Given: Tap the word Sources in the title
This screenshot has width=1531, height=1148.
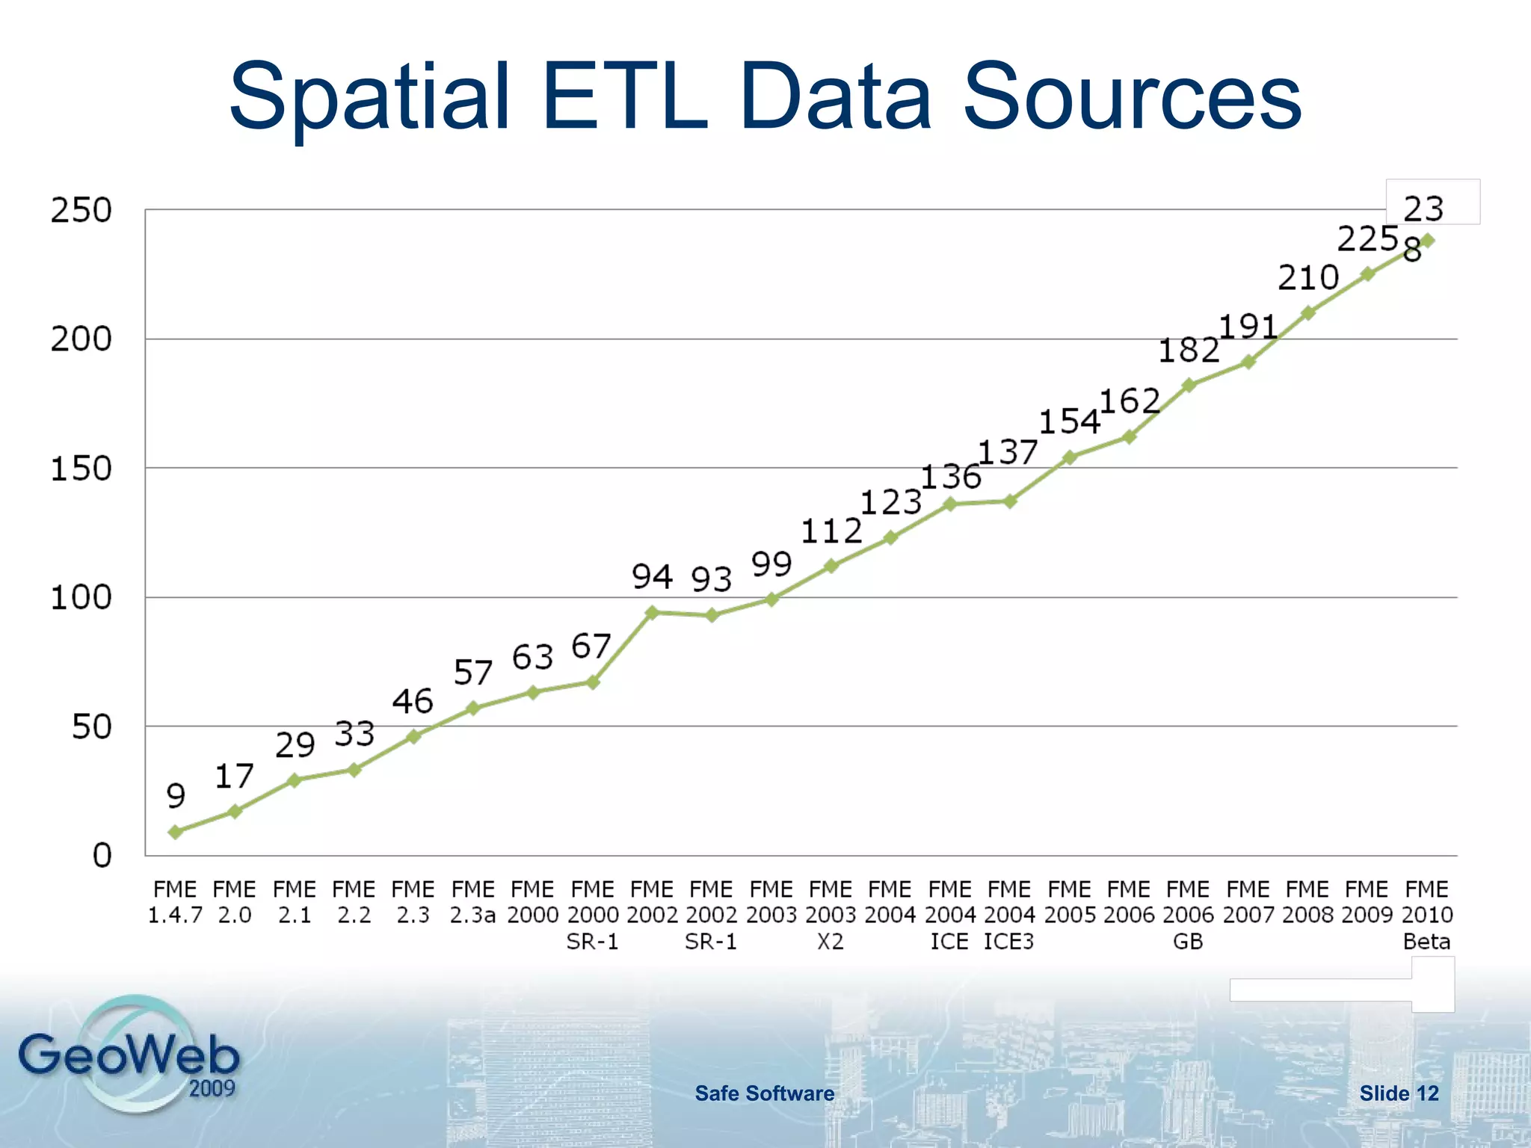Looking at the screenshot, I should [1132, 97].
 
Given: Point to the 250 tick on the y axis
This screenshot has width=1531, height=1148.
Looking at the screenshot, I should [81, 210].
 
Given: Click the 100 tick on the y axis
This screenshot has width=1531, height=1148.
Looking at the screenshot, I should [81, 597].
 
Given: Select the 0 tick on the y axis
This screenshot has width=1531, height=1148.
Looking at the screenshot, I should [102, 855].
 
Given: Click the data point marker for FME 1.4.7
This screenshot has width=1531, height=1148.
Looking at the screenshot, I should [176, 832].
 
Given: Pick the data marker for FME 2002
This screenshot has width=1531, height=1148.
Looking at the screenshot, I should [652, 612].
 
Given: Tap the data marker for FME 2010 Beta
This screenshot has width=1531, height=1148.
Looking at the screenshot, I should [1426, 241].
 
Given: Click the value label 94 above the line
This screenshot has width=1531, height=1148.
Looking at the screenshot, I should [652, 576].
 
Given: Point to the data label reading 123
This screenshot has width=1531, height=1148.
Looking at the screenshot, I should [890, 502].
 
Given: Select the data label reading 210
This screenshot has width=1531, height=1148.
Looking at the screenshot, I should [1307, 278].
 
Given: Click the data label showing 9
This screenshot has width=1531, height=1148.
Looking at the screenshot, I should [176, 795].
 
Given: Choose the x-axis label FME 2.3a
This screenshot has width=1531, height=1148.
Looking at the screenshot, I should [472, 902].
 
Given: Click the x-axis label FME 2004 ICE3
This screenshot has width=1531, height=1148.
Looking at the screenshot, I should [1009, 915].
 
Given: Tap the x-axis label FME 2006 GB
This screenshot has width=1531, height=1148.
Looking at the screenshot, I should [1188, 915].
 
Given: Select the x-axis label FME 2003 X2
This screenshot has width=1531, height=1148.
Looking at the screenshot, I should [831, 915].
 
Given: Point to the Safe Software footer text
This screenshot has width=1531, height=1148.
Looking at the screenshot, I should [764, 1093].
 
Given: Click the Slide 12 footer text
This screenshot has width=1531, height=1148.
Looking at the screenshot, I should [1399, 1093].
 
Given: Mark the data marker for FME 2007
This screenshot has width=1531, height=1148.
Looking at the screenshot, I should [1248, 362].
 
